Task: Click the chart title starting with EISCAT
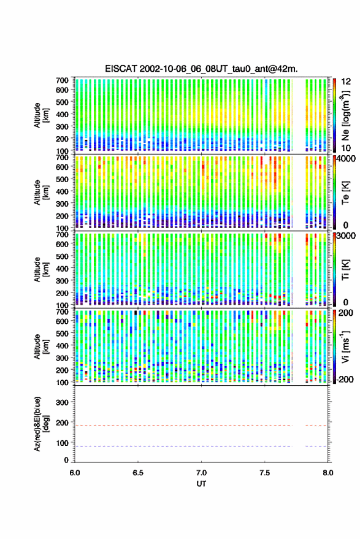pyautogui.click(x=201, y=69)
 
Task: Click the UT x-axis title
pyautogui.click(x=201, y=484)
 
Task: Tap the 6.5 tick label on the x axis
pyautogui.click(x=138, y=473)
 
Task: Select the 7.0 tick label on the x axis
pyautogui.click(x=201, y=473)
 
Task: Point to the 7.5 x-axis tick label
pyautogui.click(x=264, y=473)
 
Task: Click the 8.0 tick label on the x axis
pyautogui.click(x=327, y=473)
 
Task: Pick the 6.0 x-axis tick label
pyautogui.click(x=75, y=473)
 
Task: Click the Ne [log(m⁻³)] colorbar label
pyautogui.click(x=345, y=115)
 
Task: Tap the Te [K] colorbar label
pyautogui.click(x=345, y=193)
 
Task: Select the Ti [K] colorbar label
pyautogui.click(x=345, y=270)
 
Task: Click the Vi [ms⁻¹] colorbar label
pyautogui.click(x=345, y=346)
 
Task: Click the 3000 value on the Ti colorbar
pyautogui.click(x=346, y=236)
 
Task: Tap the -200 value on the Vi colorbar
pyautogui.click(x=345, y=380)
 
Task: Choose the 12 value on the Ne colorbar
pyautogui.click(x=346, y=82)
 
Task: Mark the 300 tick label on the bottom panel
pyautogui.click(x=62, y=402)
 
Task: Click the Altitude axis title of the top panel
pyautogui.click(x=41, y=115)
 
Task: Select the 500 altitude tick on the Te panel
pyautogui.click(x=62, y=179)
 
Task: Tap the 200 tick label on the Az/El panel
pyautogui.click(x=62, y=423)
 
